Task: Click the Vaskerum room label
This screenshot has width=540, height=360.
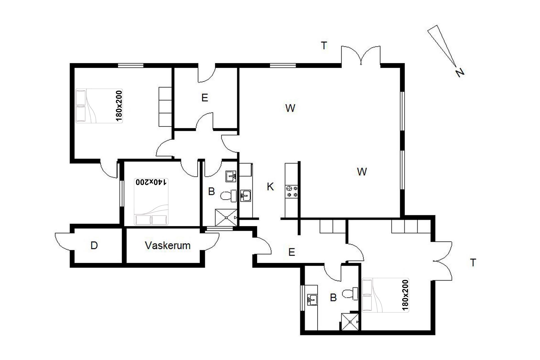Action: pyautogui.click(x=168, y=246)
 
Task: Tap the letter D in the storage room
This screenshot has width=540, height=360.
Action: pyautogui.click(x=94, y=246)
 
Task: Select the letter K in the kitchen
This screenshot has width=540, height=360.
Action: pyautogui.click(x=270, y=186)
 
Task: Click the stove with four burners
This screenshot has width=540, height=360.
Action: pyautogui.click(x=292, y=191)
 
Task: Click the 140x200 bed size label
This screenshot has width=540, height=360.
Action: pyautogui.click(x=151, y=182)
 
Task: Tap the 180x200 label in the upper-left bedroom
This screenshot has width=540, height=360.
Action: pyautogui.click(x=119, y=106)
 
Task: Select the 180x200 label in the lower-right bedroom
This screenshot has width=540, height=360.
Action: pyautogui.click(x=405, y=295)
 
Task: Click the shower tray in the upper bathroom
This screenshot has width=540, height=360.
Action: pyautogui.click(x=226, y=217)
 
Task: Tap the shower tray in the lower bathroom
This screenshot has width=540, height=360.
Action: pyautogui.click(x=350, y=322)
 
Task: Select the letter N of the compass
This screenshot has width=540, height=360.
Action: pyautogui.click(x=460, y=73)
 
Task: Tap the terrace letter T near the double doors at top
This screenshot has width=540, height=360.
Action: pyautogui.click(x=324, y=45)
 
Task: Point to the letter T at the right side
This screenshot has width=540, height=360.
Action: pyautogui.click(x=473, y=263)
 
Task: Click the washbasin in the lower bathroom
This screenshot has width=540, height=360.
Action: pyautogui.click(x=312, y=300)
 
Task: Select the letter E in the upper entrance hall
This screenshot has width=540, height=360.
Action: pyautogui.click(x=205, y=98)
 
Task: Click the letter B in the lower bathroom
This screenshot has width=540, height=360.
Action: pyautogui.click(x=333, y=298)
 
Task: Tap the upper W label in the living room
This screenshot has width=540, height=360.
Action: pyautogui.click(x=290, y=108)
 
